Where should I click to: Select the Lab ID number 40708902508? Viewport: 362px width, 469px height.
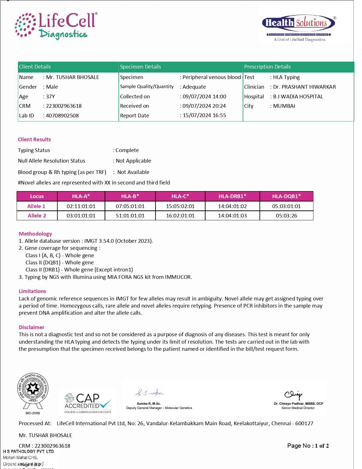[62, 116]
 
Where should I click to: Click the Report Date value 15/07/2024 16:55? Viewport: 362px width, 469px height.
[204, 115]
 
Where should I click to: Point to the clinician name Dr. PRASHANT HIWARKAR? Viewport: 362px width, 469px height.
[304, 87]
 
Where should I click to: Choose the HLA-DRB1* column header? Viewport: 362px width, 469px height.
[232, 196]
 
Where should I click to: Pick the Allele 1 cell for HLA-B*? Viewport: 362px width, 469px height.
[130, 206]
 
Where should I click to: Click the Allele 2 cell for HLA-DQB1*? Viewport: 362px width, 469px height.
[286, 216]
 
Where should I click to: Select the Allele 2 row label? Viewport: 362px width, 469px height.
[37, 216]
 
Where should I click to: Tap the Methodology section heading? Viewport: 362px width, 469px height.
[35, 234]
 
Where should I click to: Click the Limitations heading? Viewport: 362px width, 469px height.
[32, 291]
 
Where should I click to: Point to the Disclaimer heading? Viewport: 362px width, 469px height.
[32, 327]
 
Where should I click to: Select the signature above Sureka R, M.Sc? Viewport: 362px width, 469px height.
[149, 393]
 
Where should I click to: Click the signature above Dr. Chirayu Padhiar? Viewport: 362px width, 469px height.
[293, 394]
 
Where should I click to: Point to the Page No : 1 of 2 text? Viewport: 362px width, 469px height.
[308, 446]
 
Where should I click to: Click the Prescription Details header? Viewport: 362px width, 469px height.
[267, 67]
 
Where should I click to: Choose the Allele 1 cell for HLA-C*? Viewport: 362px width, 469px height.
[180, 206]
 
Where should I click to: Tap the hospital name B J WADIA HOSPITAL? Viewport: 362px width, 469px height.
[298, 97]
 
